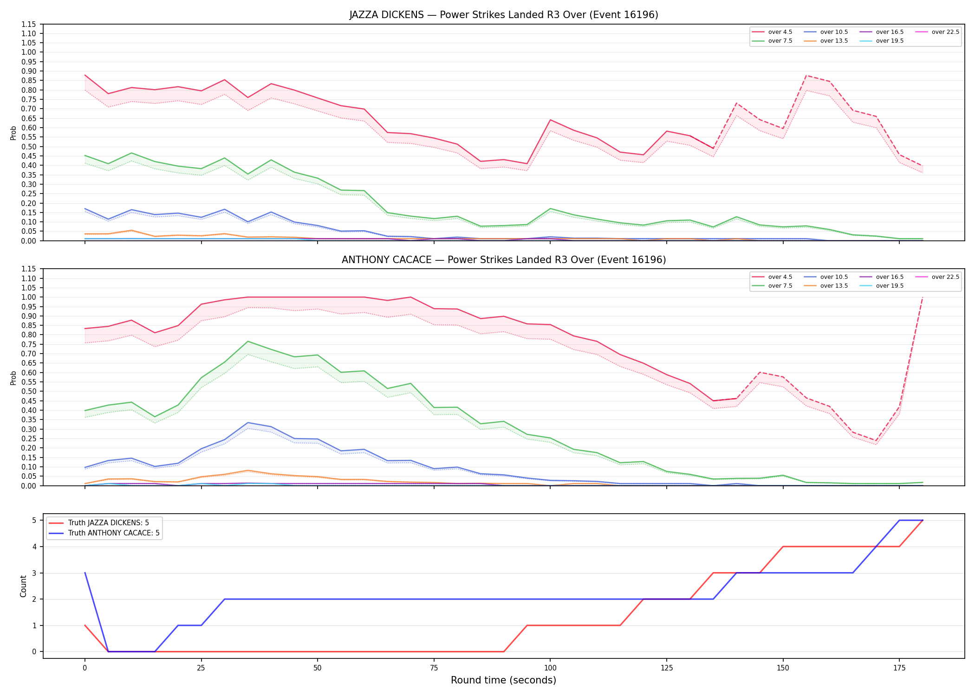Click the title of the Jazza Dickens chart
click(x=504, y=15)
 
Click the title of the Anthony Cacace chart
click(x=504, y=260)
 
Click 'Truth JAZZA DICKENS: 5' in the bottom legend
click(x=98, y=523)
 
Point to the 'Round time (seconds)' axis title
click(x=503, y=680)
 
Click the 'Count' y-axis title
click(x=23, y=586)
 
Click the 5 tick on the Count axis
click(x=34, y=520)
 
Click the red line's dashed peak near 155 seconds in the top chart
click(x=806, y=76)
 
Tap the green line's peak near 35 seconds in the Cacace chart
click(x=248, y=342)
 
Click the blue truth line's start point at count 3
click(x=85, y=573)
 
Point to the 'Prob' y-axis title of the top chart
click(x=13, y=133)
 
